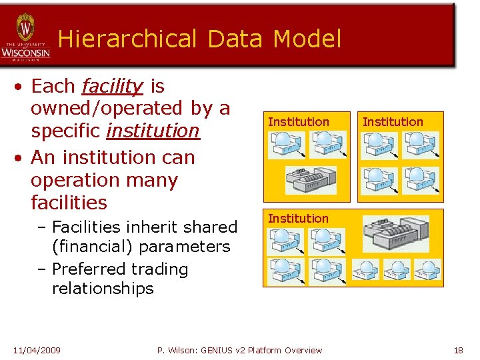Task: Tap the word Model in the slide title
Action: (306, 39)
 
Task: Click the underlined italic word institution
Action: (153, 131)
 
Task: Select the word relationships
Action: (103, 289)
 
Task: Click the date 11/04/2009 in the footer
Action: (37, 350)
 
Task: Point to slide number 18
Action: (458, 350)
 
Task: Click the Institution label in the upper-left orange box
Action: (298, 122)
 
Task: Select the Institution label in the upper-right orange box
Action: (393, 122)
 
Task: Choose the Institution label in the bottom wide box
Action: (298, 219)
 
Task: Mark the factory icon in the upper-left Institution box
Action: (311, 179)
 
